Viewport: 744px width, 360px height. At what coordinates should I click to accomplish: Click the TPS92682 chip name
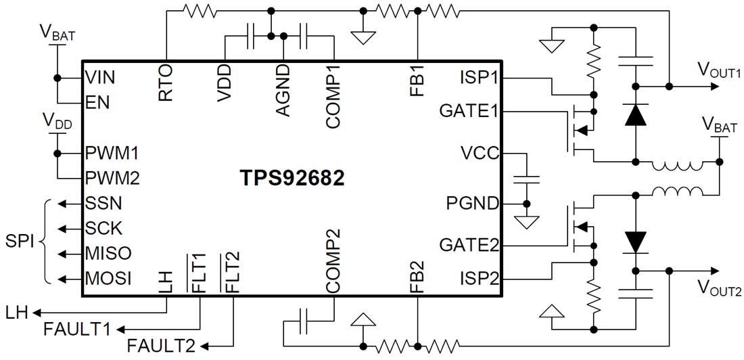[x=292, y=178]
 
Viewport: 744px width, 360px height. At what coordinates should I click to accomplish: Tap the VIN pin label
[x=100, y=77]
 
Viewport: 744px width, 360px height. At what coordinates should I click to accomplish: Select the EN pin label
[x=97, y=103]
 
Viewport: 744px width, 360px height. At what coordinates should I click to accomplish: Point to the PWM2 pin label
[x=112, y=178]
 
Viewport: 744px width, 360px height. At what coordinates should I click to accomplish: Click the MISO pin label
[x=108, y=253]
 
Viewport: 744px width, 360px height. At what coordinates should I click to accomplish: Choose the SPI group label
[x=20, y=241]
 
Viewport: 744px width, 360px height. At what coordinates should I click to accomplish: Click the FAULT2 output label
[x=161, y=346]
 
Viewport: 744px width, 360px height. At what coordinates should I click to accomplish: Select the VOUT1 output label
[x=719, y=70]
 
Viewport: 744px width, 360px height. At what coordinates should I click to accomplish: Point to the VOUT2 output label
[x=719, y=290]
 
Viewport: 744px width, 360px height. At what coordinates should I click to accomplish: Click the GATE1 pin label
[x=469, y=110]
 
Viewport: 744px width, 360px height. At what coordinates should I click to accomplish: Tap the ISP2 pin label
[x=479, y=277]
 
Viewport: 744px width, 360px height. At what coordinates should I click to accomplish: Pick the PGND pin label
[x=472, y=202]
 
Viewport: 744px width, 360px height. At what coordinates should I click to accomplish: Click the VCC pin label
[x=480, y=153]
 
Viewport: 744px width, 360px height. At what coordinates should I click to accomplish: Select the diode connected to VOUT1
[x=635, y=116]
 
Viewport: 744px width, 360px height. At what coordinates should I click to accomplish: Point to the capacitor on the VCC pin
[x=526, y=180]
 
